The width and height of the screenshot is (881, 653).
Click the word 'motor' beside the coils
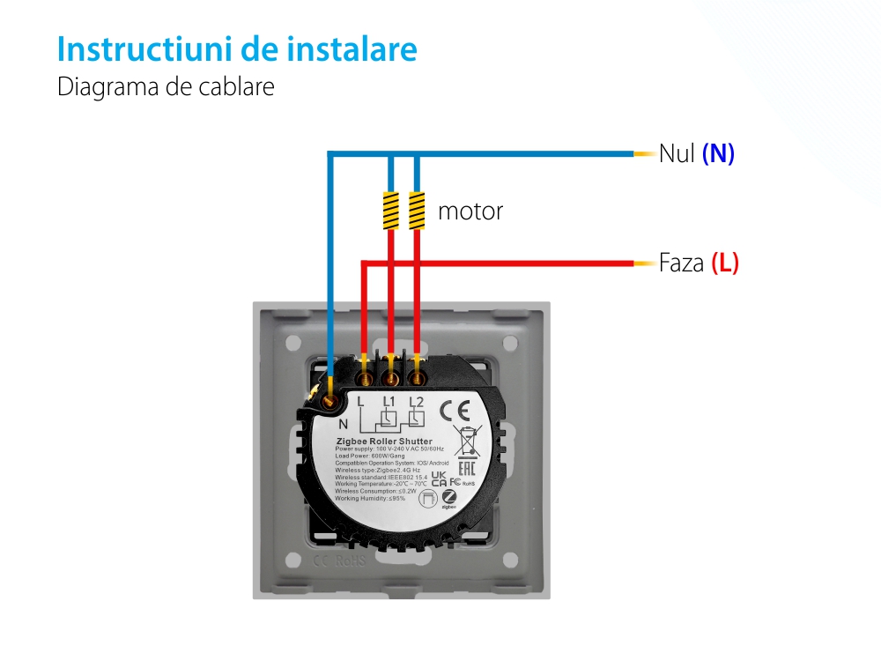pyautogui.click(x=470, y=211)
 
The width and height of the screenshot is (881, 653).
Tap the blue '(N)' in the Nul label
pyautogui.click(x=718, y=154)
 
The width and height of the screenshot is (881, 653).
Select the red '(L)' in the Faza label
pyautogui.click(x=724, y=263)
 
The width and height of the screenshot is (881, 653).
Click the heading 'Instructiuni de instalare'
pyautogui.click(x=237, y=49)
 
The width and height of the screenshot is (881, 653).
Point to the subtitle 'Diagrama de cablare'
pyautogui.click(x=166, y=88)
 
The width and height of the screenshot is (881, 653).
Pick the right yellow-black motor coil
pyautogui.click(x=417, y=211)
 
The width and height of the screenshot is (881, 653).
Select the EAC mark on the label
pyautogui.click(x=467, y=469)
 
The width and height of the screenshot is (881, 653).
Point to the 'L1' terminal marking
pyautogui.click(x=389, y=404)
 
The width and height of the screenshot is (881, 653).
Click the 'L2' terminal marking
pyautogui.click(x=417, y=404)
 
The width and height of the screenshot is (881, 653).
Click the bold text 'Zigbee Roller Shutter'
pyautogui.click(x=384, y=441)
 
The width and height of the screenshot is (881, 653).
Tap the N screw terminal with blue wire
pyautogui.click(x=330, y=401)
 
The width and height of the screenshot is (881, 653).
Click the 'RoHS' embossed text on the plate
pyautogui.click(x=350, y=560)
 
